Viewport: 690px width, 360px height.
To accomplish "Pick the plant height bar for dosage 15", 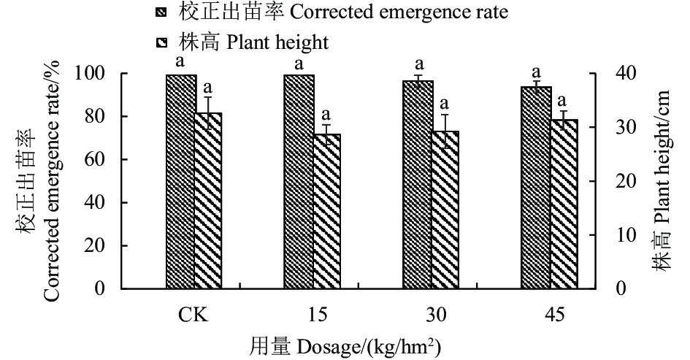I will coord(326,212).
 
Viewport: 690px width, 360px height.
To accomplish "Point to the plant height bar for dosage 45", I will coord(563,204).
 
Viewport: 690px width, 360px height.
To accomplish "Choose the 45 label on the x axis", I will coord(549,315).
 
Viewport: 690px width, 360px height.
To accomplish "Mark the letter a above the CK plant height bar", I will coord(208,88).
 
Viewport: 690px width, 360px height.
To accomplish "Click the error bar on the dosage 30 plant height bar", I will coord(445,130).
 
